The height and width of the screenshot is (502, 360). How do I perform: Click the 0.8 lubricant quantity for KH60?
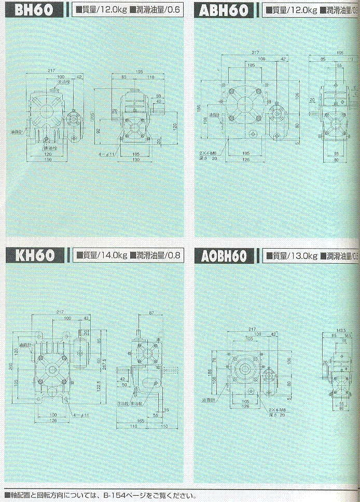tap(177, 255)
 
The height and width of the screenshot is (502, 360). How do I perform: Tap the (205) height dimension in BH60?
tap(92, 119)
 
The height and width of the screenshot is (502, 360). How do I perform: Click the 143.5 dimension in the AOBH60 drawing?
tap(340, 330)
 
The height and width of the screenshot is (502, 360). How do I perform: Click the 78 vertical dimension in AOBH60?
tap(214, 361)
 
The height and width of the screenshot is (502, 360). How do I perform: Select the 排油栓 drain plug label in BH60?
tap(50, 148)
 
